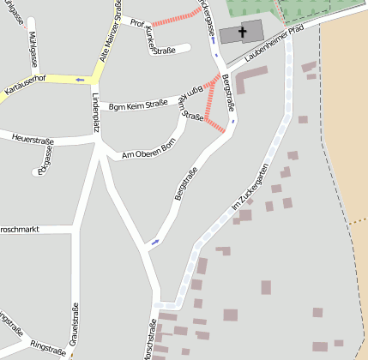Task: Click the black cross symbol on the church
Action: [243, 33]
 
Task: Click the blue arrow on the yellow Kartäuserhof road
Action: [80, 79]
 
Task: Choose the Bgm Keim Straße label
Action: [138, 105]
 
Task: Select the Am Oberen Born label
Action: [149, 153]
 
